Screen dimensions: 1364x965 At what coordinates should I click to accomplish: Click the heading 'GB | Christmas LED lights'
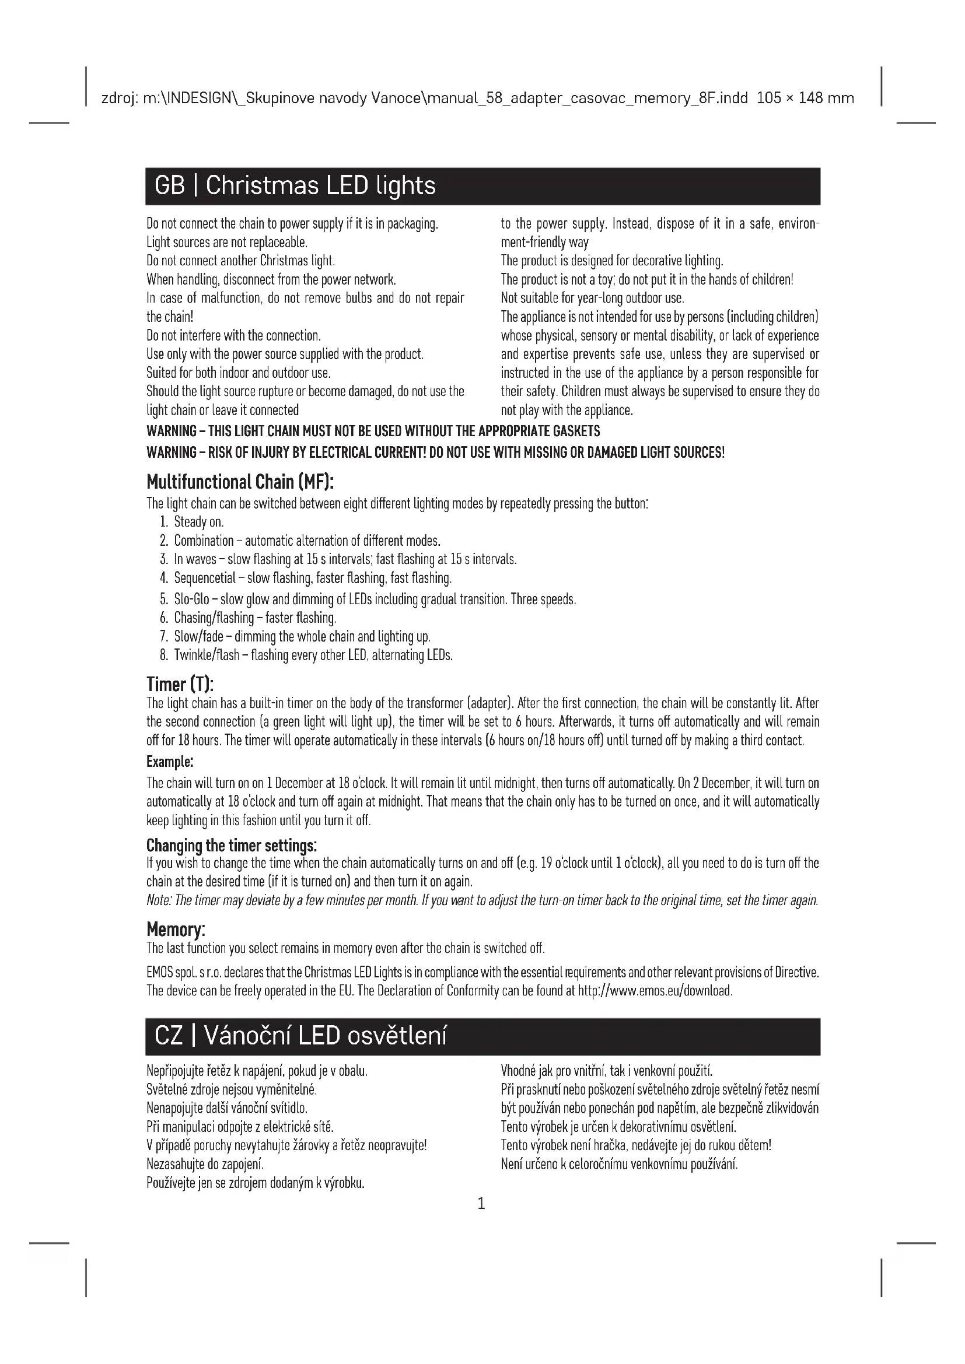click(x=295, y=186)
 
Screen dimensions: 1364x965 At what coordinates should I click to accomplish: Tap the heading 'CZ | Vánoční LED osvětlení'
click(x=300, y=1036)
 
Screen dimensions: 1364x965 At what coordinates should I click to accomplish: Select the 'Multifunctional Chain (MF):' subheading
click(x=240, y=481)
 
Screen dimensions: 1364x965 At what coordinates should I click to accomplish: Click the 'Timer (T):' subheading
click(x=180, y=684)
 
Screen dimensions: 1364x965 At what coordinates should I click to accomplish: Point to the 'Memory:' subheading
click(x=176, y=929)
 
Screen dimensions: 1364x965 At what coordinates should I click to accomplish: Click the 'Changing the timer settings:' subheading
click(x=232, y=845)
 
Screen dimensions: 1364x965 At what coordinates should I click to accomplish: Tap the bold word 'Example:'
click(x=170, y=762)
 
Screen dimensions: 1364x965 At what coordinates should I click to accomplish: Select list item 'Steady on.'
click(x=198, y=522)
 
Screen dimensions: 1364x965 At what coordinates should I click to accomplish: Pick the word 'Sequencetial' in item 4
click(x=204, y=578)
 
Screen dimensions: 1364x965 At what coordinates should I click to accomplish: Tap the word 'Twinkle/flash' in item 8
click(x=206, y=655)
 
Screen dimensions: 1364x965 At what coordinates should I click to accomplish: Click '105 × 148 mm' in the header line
click(x=805, y=98)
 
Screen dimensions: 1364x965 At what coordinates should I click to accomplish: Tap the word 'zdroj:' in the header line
click(x=119, y=98)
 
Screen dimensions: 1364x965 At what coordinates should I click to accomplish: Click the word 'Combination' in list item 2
click(x=204, y=541)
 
